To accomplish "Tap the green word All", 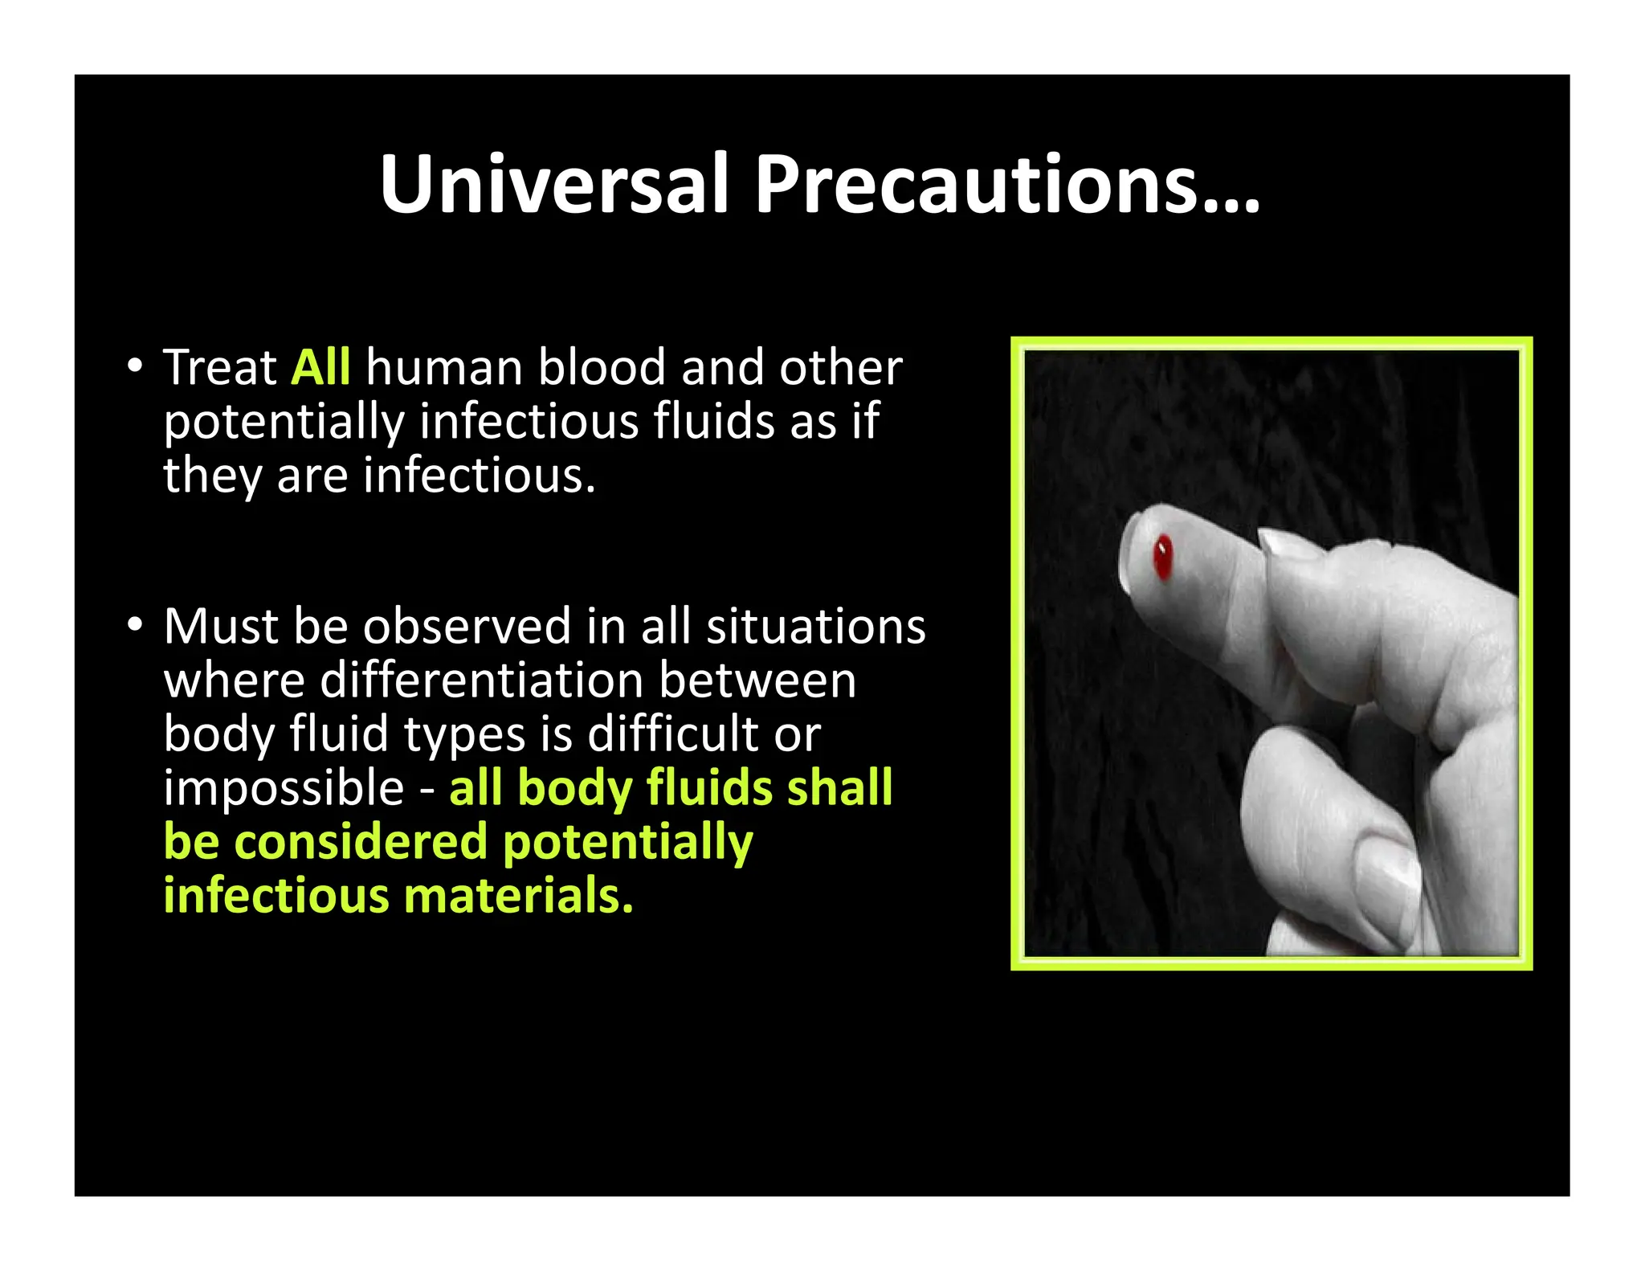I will click(320, 368).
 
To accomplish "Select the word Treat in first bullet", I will click(220, 368).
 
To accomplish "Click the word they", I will click(212, 476).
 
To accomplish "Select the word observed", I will click(467, 626).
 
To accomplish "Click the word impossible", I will click(284, 788).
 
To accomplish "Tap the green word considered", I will click(361, 843).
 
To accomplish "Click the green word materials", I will click(518, 896).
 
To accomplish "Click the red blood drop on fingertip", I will click(1162, 557).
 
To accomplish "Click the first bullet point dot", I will click(135, 366).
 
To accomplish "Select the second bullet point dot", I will click(135, 624).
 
